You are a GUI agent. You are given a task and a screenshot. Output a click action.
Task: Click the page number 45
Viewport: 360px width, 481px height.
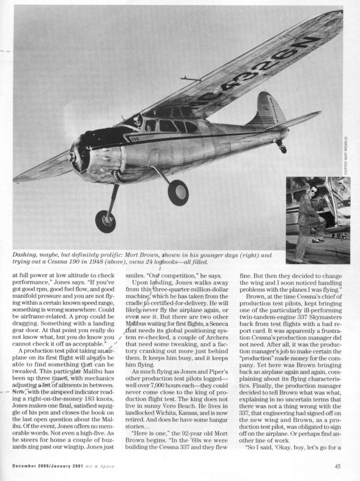(x=337, y=466)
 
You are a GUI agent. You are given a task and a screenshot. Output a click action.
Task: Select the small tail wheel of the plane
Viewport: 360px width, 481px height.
(x=283, y=149)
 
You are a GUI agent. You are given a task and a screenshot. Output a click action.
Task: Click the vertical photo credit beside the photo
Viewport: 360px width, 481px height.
(x=346, y=155)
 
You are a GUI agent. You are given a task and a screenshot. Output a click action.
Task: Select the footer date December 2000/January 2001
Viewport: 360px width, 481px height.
(x=45, y=466)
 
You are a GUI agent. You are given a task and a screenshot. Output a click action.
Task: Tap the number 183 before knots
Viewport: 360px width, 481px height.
(x=89, y=392)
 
